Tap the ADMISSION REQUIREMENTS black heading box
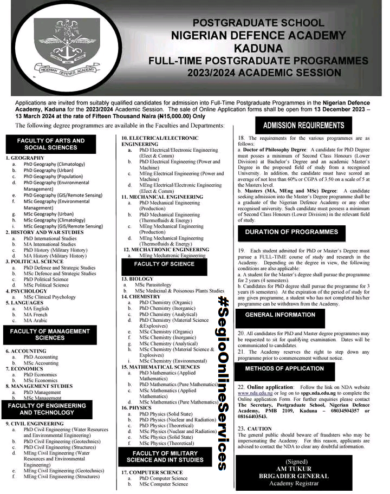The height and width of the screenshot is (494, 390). pyautogui.click(x=303, y=126)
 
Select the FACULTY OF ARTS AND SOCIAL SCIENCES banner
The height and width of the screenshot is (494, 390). pyautogui.click(x=47, y=144)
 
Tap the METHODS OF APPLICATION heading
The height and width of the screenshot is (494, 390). pyautogui.click(x=284, y=368)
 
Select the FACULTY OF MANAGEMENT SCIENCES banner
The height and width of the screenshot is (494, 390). pyautogui.click(x=50, y=334)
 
